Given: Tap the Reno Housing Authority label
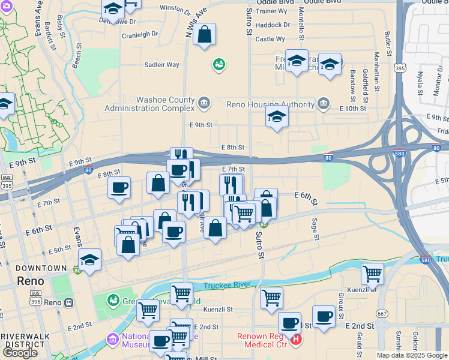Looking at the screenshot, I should pyautogui.click(x=270, y=104).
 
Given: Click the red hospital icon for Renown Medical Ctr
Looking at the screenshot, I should pyautogui.click(x=296, y=340).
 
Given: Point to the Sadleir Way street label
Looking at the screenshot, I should pyautogui.click(x=161, y=65).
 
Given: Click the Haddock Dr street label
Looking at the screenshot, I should pyautogui.click(x=273, y=25).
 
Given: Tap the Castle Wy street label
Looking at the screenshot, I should pyautogui.click(x=270, y=39).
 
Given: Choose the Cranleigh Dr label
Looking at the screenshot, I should pyautogui.click(x=140, y=34).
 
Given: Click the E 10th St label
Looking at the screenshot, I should pyautogui.click(x=352, y=108).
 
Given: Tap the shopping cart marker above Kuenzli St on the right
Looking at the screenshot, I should pyautogui.click(x=372, y=274).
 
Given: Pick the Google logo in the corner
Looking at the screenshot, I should pyautogui.click(x=20, y=352).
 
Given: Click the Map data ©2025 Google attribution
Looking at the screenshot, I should pyautogui.click(x=412, y=355).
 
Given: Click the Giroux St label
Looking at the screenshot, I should pyautogui.click(x=340, y=307).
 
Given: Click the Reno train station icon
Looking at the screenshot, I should pyautogui.click(x=69, y=303).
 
